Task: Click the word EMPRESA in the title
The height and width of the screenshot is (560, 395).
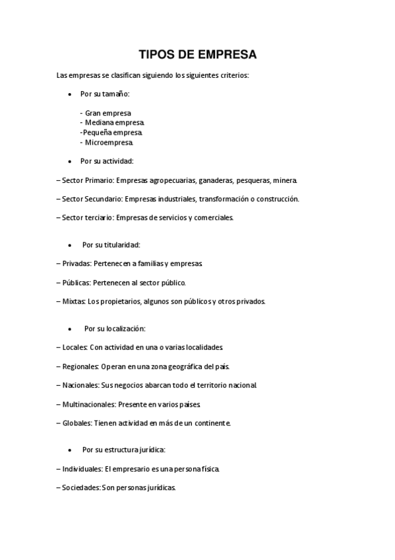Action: (x=224, y=54)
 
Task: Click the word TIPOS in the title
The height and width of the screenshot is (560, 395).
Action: (x=156, y=54)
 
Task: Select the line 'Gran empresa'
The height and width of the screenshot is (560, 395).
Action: (x=108, y=113)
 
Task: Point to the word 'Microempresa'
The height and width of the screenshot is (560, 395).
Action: (x=109, y=142)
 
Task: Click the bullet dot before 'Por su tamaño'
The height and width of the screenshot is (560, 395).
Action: (x=70, y=94)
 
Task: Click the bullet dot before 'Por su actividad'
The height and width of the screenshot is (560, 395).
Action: (x=70, y=161)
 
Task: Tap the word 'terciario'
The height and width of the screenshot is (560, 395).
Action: (x=99, y=217)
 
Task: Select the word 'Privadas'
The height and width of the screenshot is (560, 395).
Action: (x=76, y=263)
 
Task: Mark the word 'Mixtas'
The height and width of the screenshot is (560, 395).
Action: (x=73, y=301)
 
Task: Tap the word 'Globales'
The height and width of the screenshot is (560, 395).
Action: (x=76, y=423)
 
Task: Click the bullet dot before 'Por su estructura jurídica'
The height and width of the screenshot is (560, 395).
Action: (x=70, y=450)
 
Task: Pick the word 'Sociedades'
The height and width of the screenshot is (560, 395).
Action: (x=80, y=488)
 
